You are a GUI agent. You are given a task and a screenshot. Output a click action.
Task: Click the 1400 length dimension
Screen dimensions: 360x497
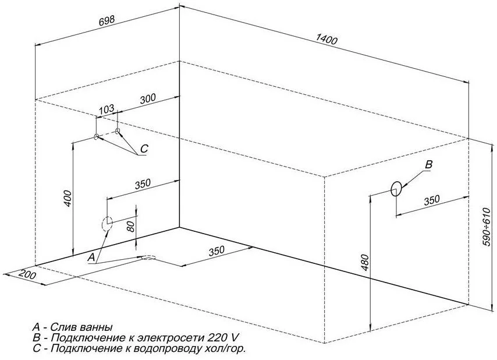point(326,39)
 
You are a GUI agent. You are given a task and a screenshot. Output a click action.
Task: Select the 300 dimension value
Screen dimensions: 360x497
point(148,98)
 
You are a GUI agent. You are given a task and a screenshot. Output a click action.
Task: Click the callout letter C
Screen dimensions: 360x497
point(144,149)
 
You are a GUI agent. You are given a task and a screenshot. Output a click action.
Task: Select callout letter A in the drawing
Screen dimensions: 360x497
point(90,256)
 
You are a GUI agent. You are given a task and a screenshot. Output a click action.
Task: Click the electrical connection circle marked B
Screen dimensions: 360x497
point(396,188)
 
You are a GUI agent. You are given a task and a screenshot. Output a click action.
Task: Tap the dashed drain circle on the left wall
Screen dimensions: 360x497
point(107,223)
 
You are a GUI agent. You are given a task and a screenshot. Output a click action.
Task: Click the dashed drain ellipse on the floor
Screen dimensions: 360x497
point(147,257)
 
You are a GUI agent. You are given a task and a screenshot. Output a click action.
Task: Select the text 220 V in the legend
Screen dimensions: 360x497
point(223,338)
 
